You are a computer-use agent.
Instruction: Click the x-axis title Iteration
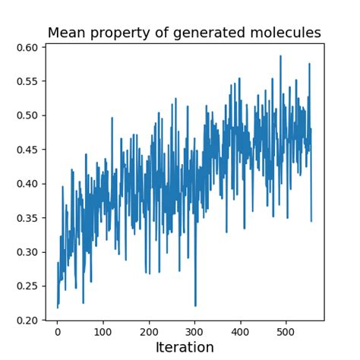pyautogui.click(x=185, y=348)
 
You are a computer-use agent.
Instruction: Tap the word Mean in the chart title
pyautogui.click(x=66, y=33)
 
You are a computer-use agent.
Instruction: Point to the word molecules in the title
pyautogui.click(x=286, y=33)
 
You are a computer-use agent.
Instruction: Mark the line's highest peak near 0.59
pyautogui.click(x=280, y=55)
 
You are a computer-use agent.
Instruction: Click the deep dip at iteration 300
pyautogui.click(x=195, y=305)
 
